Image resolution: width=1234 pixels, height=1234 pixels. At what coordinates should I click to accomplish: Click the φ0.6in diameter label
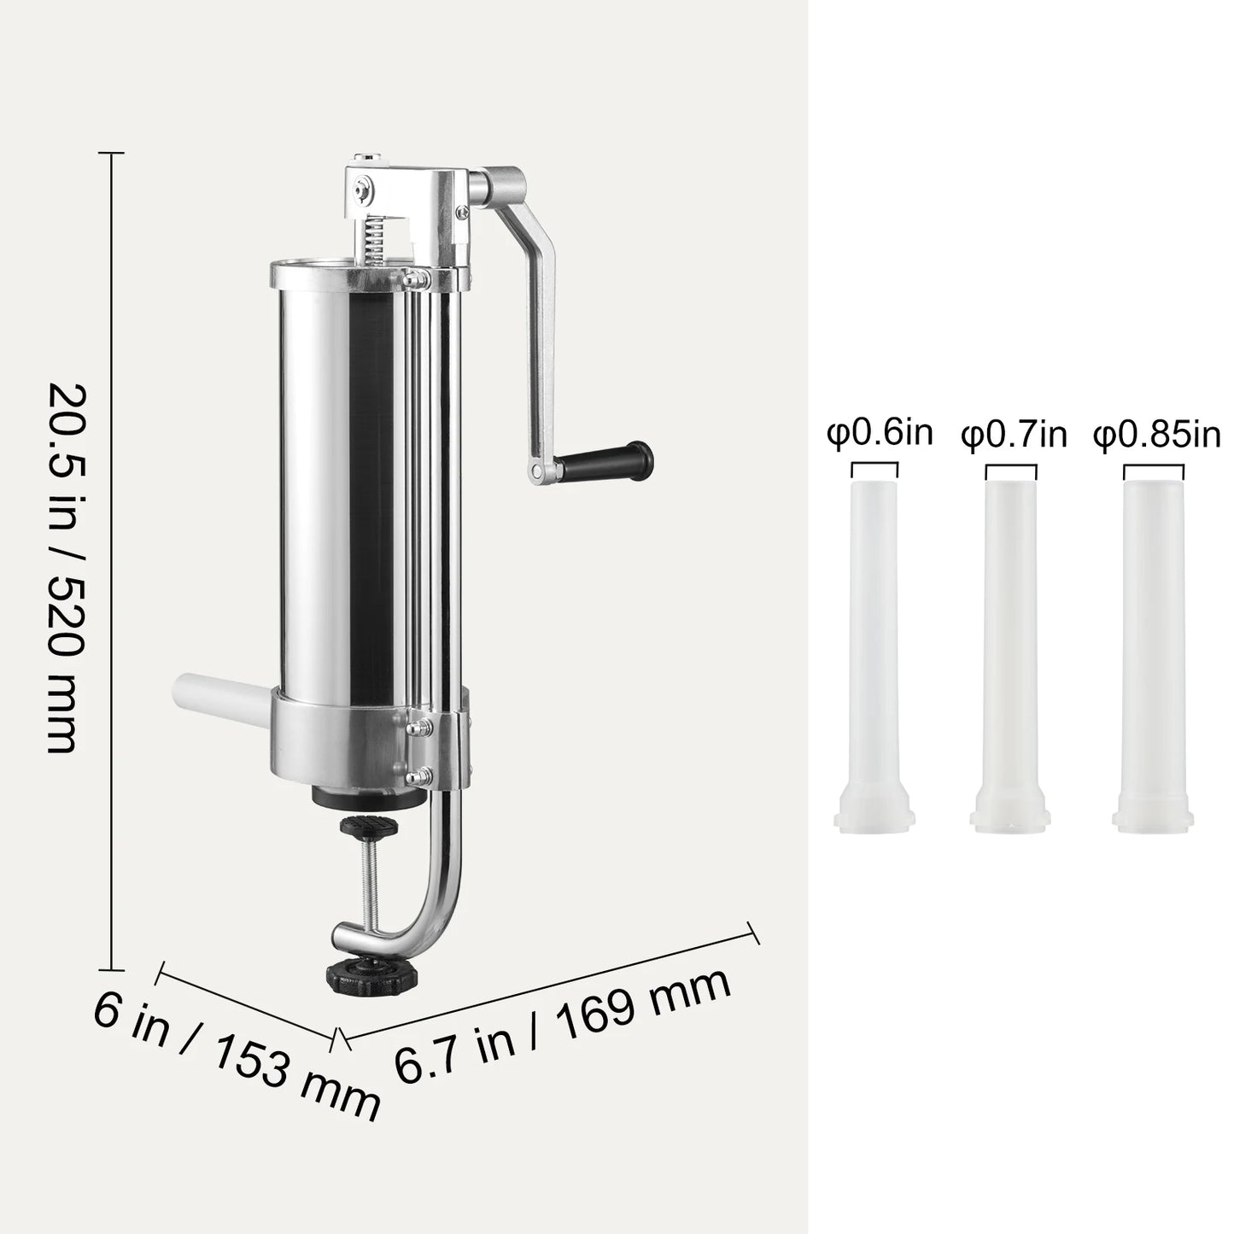(x=880, y=433)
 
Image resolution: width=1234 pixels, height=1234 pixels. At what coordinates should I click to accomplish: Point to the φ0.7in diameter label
(x=1014, y=435)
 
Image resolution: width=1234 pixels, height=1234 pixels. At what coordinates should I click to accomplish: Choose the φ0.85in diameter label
(x=1156, y=435)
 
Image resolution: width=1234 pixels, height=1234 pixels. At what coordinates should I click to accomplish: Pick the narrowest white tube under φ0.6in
(x=874, y=632)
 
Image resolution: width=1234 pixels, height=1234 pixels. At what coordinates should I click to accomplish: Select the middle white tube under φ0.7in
(x=1010, y=632)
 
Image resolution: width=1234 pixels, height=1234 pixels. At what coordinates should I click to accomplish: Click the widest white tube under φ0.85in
(x=1154, y=632)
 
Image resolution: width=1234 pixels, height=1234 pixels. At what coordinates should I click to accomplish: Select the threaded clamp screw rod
(x=370, y=880)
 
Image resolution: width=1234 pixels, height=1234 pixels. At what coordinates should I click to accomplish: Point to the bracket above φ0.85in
(x=1153, y=470)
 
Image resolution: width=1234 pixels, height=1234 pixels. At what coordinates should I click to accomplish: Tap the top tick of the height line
(x=111, y=153)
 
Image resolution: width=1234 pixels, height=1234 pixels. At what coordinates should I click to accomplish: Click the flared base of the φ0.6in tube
(x=874, y=811)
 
